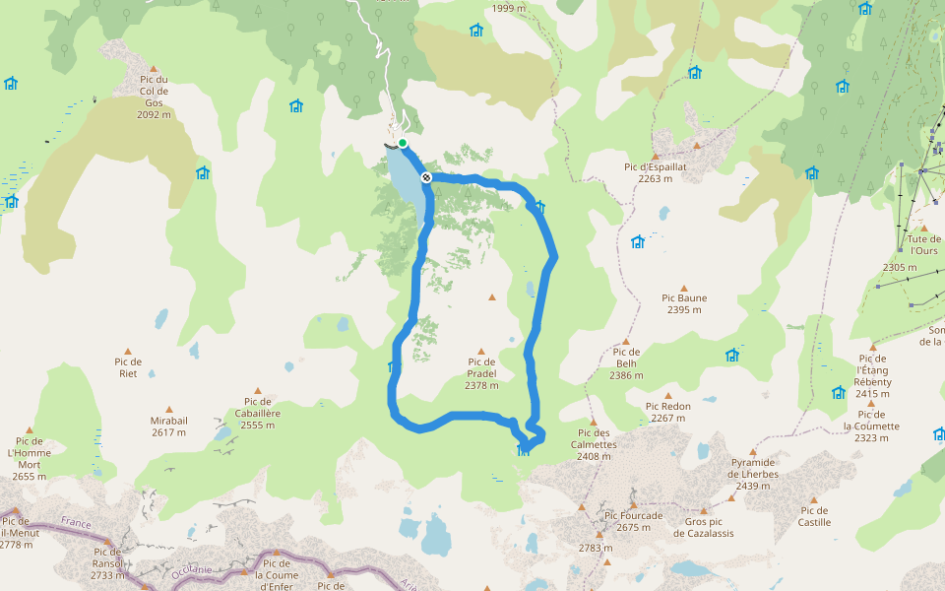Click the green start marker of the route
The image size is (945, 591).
tap(403, 143)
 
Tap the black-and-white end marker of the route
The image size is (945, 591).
tap(426, 177)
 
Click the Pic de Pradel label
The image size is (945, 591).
tap(481, 373)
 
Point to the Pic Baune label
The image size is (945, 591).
tap(684, 303)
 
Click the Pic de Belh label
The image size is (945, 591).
tap(626, 363)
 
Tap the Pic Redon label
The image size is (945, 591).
tap(668, 412)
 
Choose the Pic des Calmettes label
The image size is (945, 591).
tap(596, 438)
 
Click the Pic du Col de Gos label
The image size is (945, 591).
tap(154, 97)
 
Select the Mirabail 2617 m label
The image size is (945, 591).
tap(168, 426)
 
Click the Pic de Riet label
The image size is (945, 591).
tap(128, 367)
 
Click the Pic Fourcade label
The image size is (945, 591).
tap(634, 521)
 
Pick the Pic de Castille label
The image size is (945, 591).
tap(815, 516)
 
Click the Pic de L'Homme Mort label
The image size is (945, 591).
tap(30, 459)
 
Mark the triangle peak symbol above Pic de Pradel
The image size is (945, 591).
tap(481, 351)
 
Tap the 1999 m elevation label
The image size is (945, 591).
tap(509, 9)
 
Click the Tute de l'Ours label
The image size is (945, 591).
tap(923, 245)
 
